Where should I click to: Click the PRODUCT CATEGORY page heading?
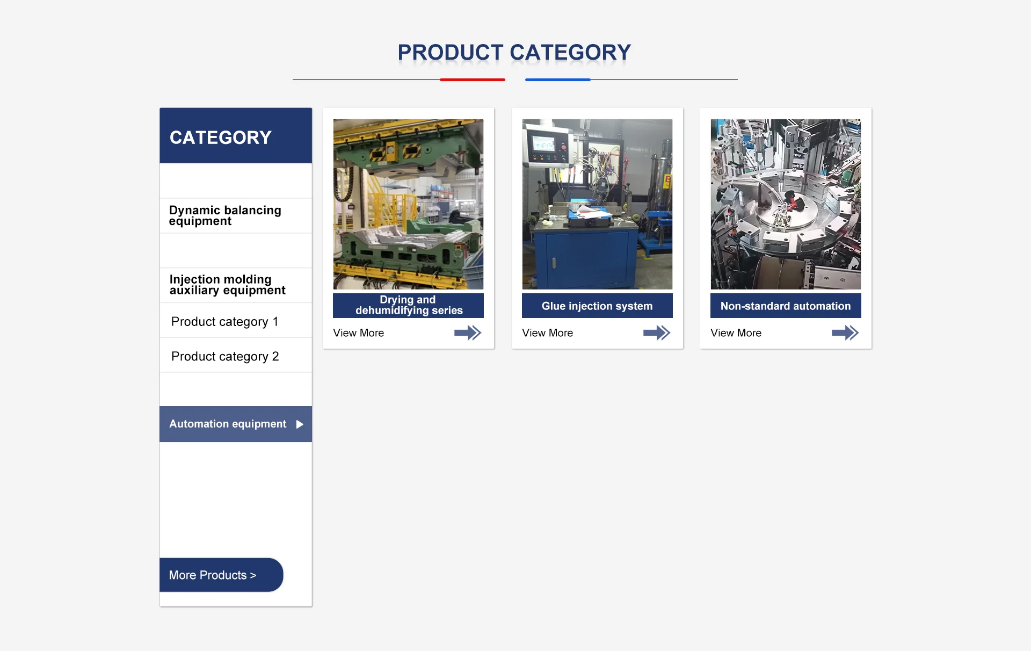pos(514,53)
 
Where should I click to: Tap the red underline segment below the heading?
pos(473,79)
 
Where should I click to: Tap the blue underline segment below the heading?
pos(558,79)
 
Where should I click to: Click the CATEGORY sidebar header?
pos(221,138)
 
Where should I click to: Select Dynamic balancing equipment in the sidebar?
pos(225,215)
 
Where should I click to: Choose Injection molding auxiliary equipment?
pos(227,285)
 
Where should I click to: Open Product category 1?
pos(225,321)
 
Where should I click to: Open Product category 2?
pos(225,356)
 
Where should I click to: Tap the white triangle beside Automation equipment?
pos(300,424)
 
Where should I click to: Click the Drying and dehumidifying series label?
pos(408,305)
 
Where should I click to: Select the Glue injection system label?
pos(597,306)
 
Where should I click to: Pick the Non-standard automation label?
pos(786,306)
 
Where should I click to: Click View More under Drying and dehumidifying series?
pos(359,333)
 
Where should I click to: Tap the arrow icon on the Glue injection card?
pos(657,333)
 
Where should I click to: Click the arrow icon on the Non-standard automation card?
pos(845,333)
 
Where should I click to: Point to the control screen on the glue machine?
pos(543,143)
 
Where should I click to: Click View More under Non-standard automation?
pos(736,333)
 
